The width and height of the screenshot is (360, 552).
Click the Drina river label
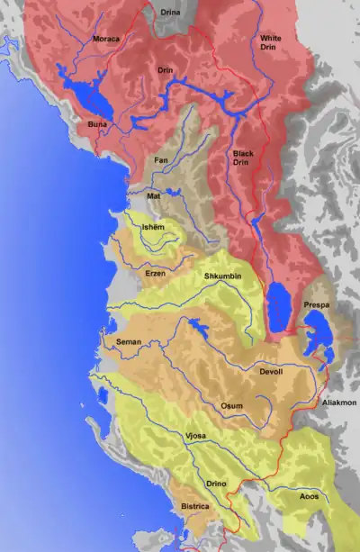coord(169,13)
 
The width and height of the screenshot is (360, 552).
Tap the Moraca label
coord(106,40)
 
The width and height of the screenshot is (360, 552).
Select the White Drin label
coord(270,42)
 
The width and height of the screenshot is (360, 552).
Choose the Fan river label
coord(162,160)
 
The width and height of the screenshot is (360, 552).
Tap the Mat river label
coord(155,195)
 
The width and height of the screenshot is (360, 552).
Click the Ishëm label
coord(153,228)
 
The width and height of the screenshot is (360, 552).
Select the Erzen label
coord(156,272)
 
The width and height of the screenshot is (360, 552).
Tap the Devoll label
coord(270,371)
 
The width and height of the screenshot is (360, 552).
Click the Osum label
coord(231,406)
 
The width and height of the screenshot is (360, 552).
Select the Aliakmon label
coord(340,404)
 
